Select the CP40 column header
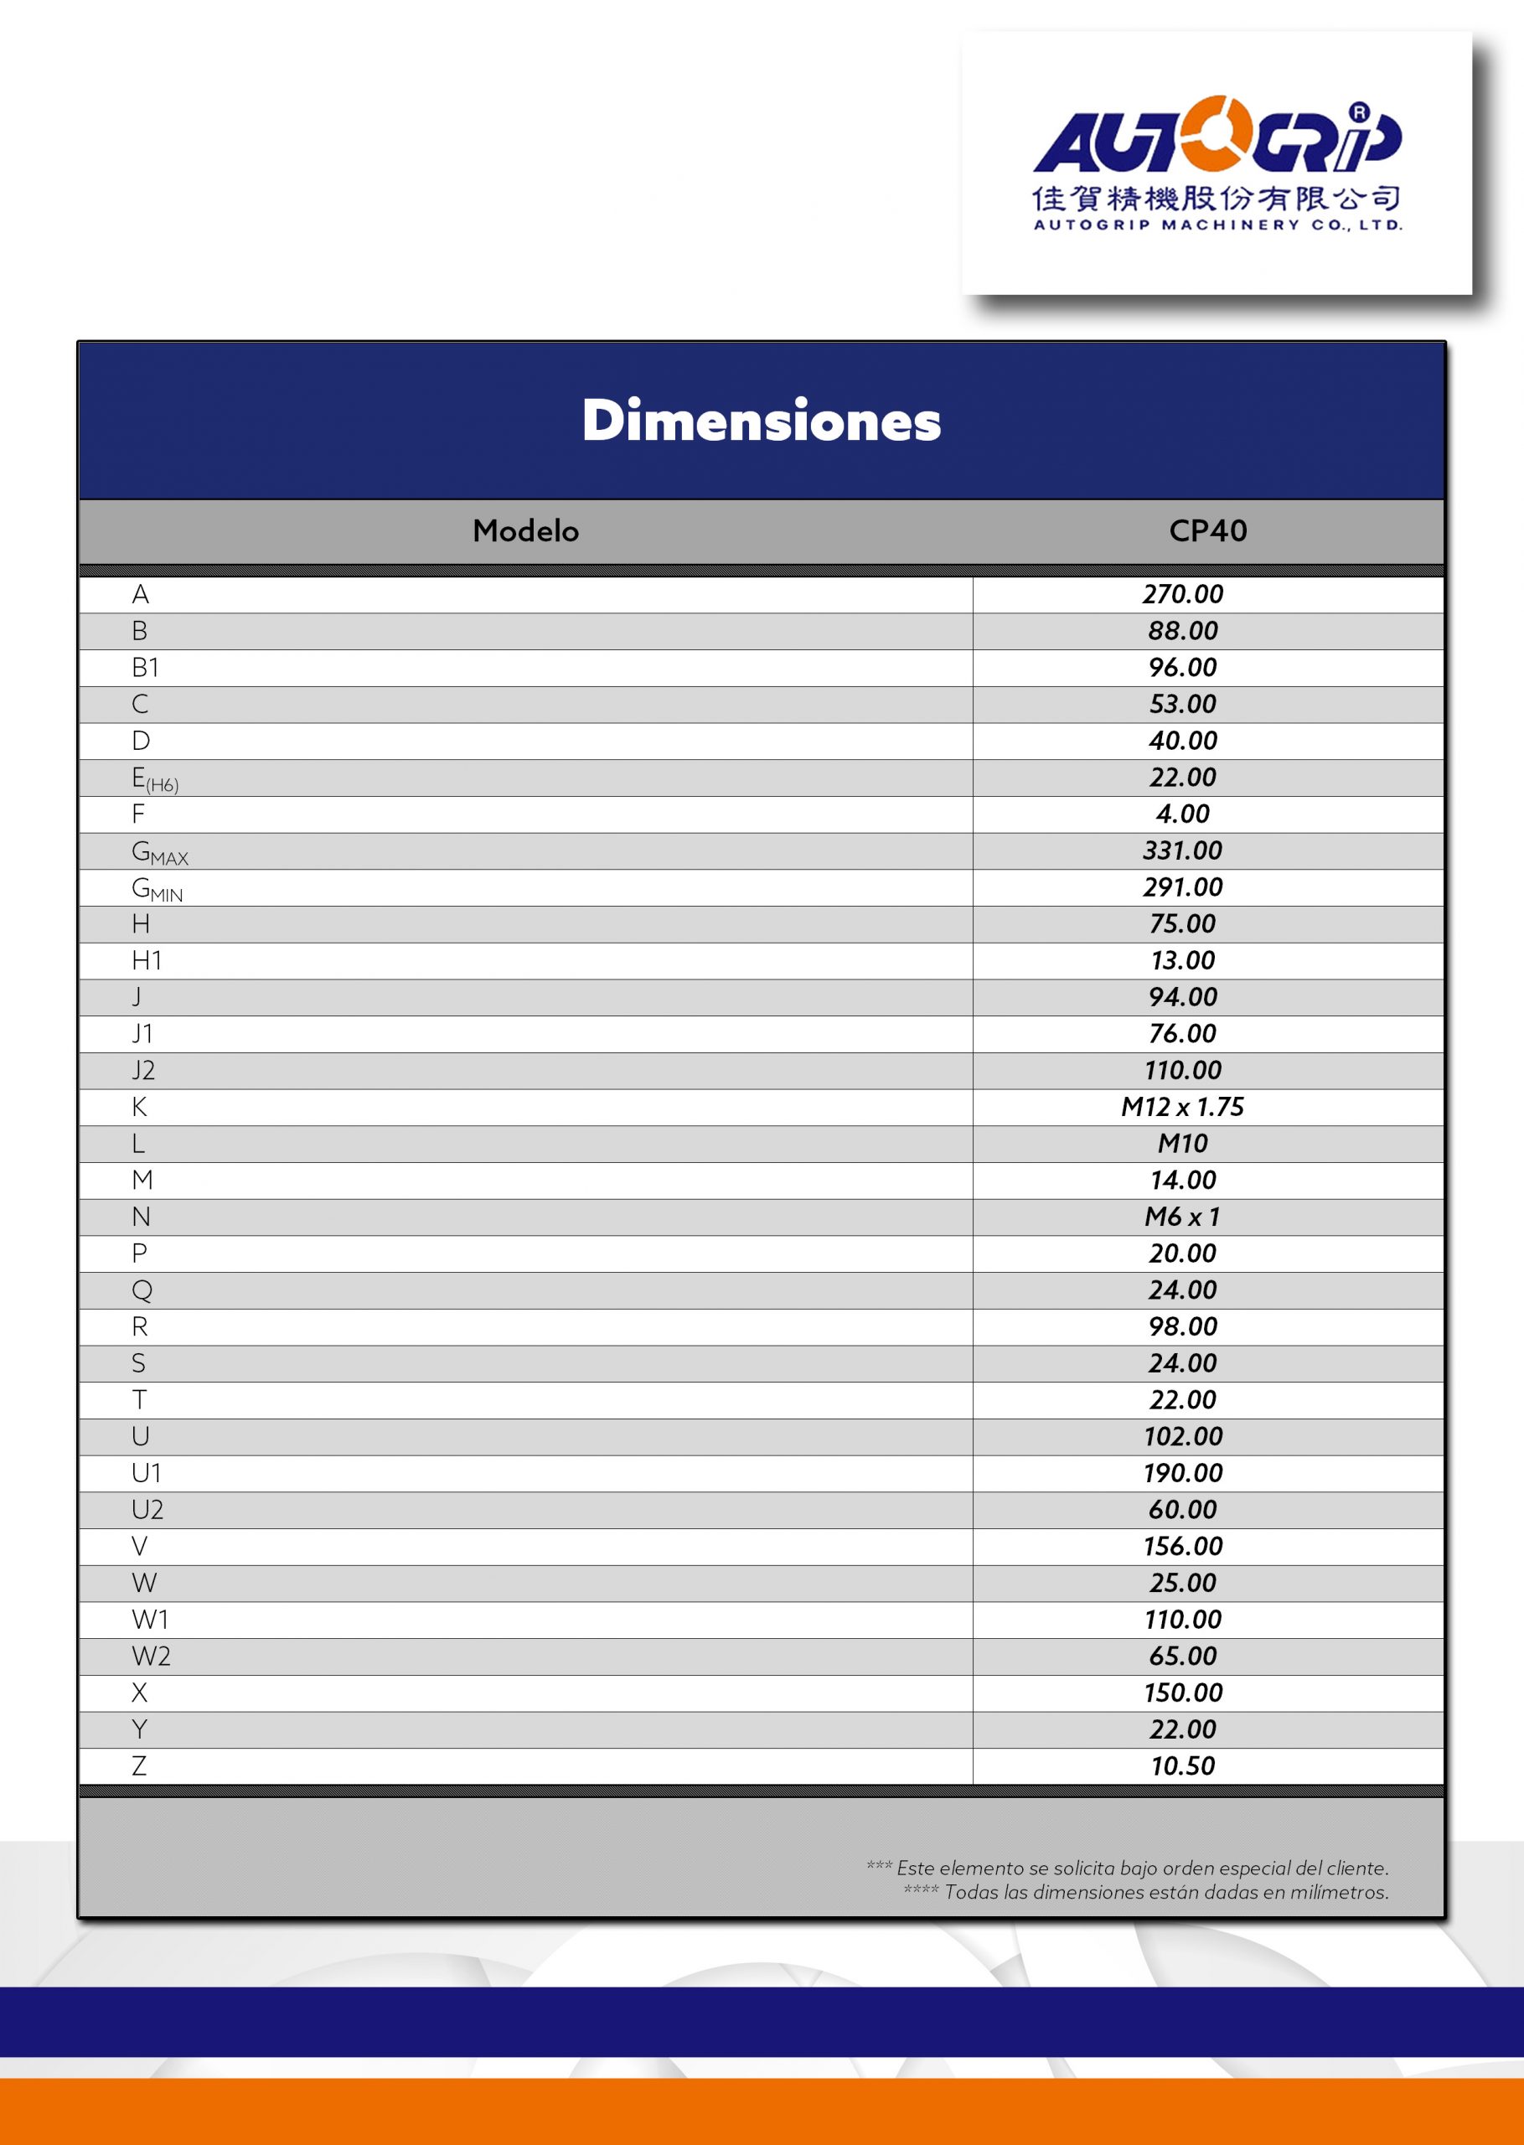1208,531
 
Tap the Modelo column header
525,531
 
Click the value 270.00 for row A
1182,594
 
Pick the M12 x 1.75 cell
1182,1107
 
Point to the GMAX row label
159,852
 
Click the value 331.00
1182,851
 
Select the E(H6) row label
155,778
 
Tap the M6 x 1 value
1182,1217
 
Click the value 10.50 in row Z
1182,1766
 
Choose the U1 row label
147,1473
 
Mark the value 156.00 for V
1182,1547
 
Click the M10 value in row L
1182,1144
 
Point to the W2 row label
150,1657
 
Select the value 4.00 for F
1182,814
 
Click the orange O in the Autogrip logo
1217,134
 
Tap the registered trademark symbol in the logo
1360,112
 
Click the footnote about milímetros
1146,1892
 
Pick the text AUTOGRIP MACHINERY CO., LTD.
1217,225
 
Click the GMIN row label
157,889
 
